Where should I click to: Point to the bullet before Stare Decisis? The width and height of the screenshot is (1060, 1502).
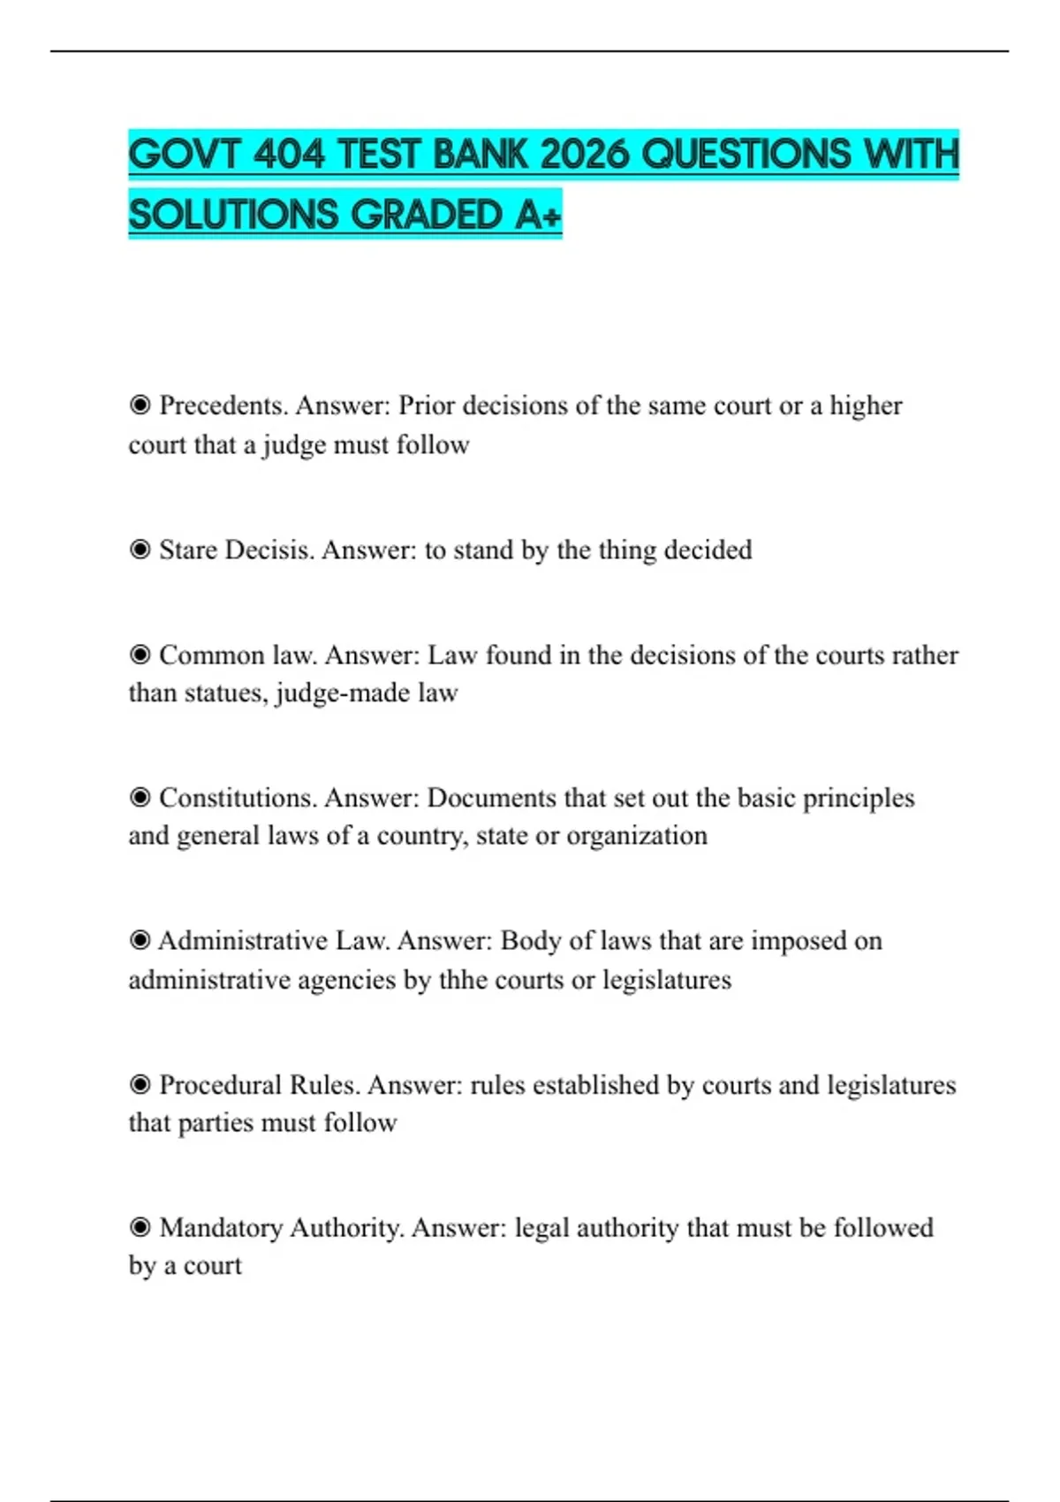pyautogui.click(x=140, y=550)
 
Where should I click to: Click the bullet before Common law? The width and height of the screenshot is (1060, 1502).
pyautogui.click(x=140, y=655)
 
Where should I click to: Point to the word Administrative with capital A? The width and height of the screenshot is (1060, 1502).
pyautogui.click(x=243, y=941)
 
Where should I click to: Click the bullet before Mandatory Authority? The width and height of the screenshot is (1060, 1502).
pyautogui.click(x=140, y=1227)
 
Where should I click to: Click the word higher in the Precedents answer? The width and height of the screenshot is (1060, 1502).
pyautogui.click(x=866, y=406)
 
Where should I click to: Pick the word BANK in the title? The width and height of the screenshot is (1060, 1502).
pyautogui.click(x=482, y=156)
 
